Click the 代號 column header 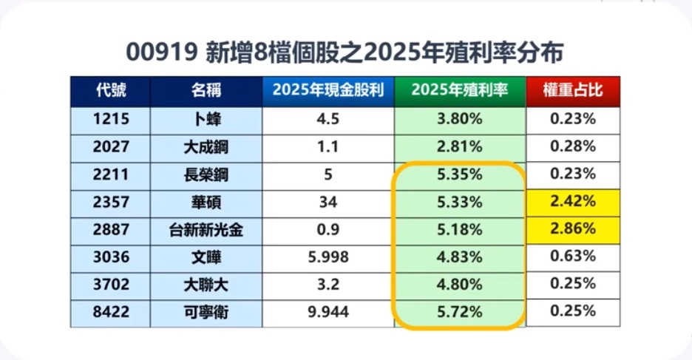pos(111,91)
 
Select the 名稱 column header pos(206,91)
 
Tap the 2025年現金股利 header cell pos(328,91)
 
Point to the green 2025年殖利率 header pos(459,91)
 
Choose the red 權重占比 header pos(573,91)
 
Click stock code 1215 pos(111,118)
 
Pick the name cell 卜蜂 pos(206,118)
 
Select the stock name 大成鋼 pos(206,146)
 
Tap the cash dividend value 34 pos(328,202)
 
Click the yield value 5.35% pos(459,174)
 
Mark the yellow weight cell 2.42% pos(573,201)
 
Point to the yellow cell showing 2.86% pos(573,228)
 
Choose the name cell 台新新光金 pos(206,230)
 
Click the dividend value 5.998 pos(328,257)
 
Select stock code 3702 pos(111,285)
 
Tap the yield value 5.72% pos(459,312)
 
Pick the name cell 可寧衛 pos(206,313)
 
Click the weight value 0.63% pos(573,257)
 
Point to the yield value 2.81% pos(459,146)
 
